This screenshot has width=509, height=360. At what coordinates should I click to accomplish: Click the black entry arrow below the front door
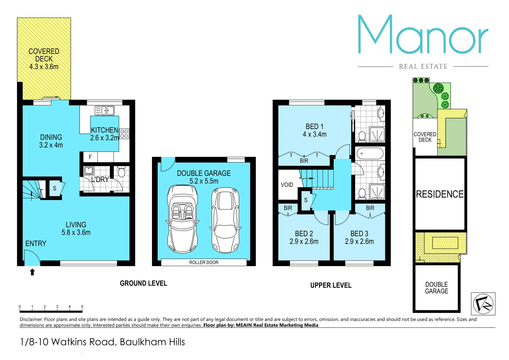(32, 272)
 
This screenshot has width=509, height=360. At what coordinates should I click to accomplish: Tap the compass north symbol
(483, 304)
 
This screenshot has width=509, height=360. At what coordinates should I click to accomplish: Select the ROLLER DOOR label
(204, 262)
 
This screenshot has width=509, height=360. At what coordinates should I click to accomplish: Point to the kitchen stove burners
(124, 134)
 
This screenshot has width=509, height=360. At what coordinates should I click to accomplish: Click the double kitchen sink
(105, 110)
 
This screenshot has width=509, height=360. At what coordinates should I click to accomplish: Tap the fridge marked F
(90, 157)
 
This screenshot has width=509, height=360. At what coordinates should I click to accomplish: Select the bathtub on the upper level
(370, 154)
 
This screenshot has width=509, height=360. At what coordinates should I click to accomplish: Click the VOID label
(287, 185)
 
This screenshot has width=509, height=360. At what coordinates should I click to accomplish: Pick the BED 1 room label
(314, 127)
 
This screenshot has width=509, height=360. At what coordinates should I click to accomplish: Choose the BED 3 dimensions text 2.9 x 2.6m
(359, 241)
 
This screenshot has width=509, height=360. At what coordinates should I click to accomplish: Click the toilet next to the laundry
(121, 172)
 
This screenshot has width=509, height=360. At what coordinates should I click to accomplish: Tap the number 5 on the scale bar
(82, 307)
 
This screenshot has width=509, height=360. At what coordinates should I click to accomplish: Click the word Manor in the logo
(423, 35)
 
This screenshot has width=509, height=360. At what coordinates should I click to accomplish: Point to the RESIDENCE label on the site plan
(440, 194)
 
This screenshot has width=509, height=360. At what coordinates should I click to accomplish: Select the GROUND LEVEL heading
(143, 283)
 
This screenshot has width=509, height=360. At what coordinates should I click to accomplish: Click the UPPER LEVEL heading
(331, 285)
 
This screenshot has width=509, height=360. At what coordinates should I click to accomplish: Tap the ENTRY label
(36, 244)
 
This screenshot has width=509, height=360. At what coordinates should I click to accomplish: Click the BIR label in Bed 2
(288, 208)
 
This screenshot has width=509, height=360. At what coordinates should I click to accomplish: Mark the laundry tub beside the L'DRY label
(88, 170)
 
